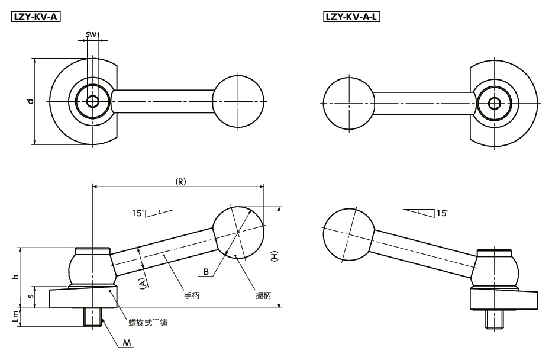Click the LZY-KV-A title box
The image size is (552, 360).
36,17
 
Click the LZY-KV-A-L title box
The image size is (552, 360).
351,17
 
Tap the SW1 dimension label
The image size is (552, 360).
92,34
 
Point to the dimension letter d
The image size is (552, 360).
31,101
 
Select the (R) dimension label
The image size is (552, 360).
180,181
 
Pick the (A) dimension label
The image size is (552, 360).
143,284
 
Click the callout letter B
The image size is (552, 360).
206,272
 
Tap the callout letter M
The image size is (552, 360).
127,343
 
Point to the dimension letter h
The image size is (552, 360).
15,277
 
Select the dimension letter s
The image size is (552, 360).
31,296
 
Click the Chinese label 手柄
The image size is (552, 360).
192,295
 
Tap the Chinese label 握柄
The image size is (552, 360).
263,295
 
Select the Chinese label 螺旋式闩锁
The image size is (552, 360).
148,322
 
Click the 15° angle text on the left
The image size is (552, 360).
138,213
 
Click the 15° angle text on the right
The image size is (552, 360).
442,213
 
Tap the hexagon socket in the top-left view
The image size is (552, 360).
92,101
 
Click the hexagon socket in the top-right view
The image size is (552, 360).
494,103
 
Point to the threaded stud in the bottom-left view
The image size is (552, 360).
93,317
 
